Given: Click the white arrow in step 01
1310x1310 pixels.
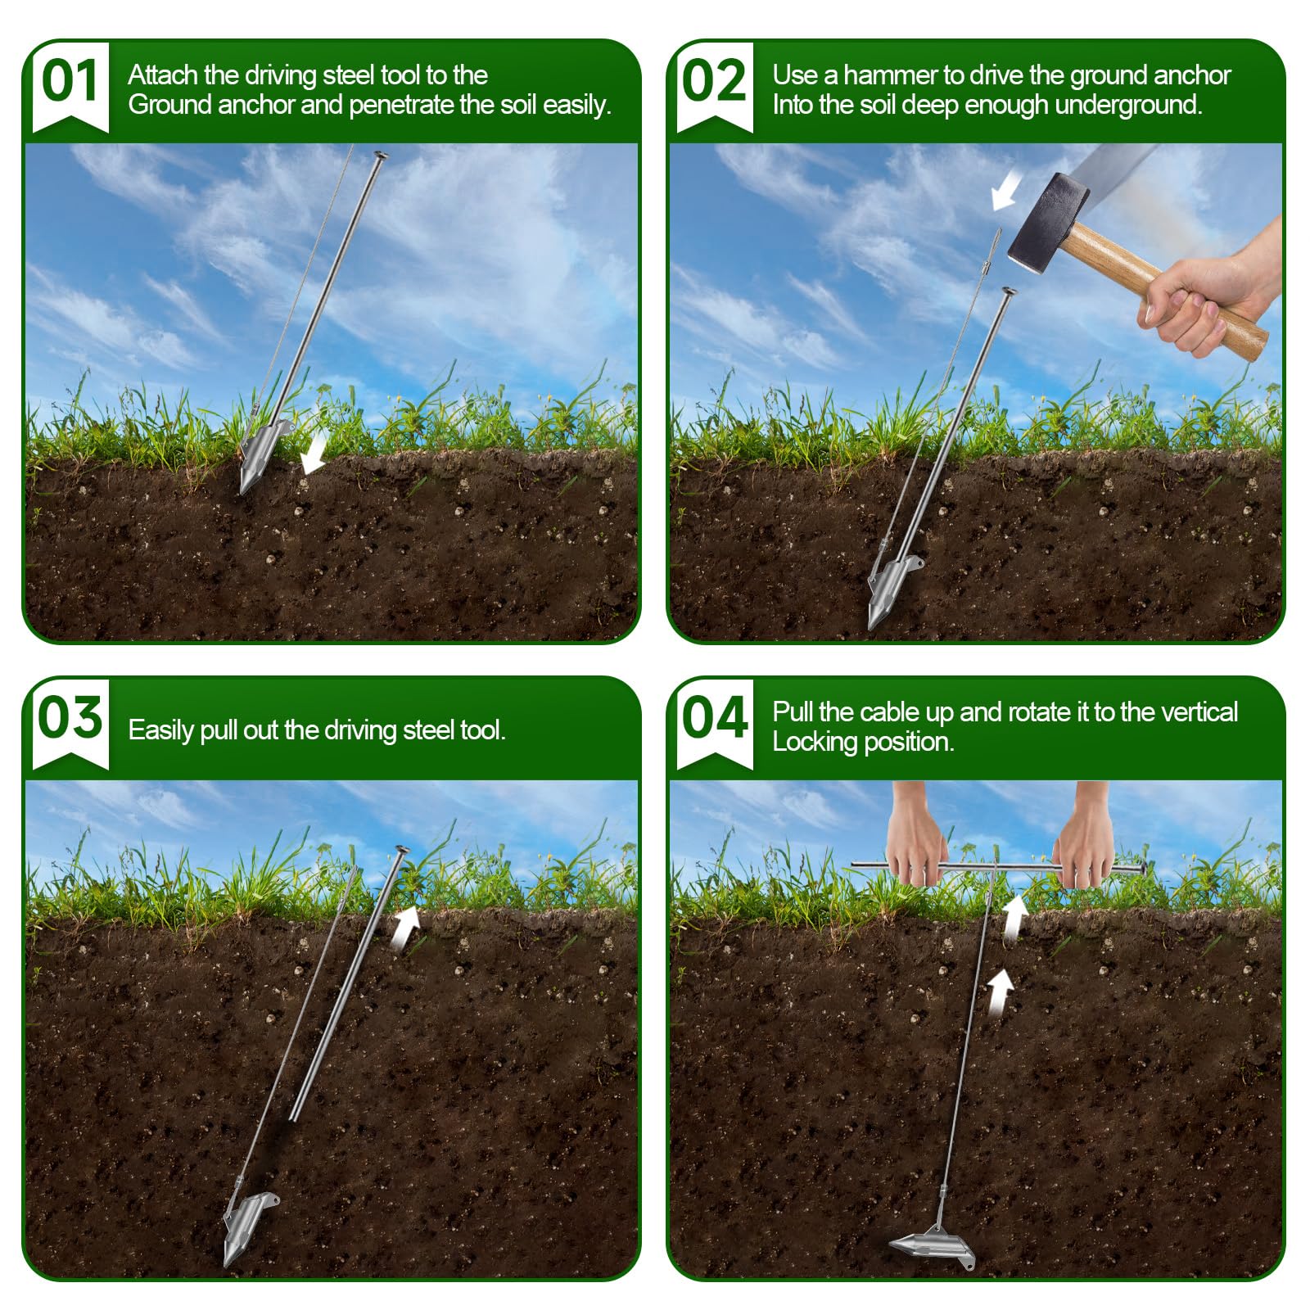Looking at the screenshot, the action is [313, 453].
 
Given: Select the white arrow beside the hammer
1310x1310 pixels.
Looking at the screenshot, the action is [1005, 189].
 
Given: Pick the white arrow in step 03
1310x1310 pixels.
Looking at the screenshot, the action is [405, 928].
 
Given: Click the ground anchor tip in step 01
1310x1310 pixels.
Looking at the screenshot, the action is [243, 490].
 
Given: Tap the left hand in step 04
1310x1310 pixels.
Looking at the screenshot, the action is [916, 835].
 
